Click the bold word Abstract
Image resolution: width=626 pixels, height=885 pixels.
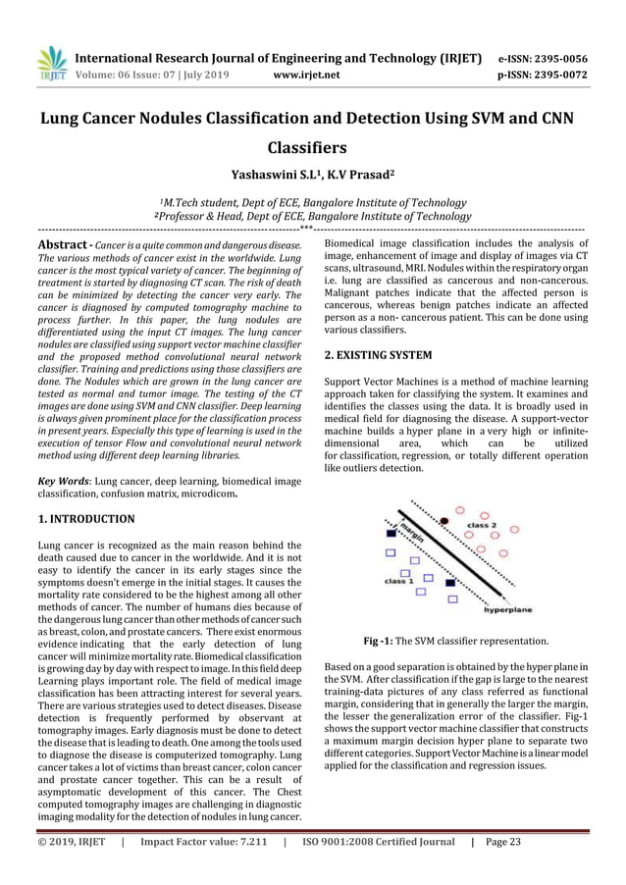pos(65,244)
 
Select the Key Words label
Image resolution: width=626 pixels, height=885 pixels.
pos(59,481)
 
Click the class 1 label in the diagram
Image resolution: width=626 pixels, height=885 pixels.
pos(398,580)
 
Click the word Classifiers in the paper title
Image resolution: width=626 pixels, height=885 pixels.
pos(312,149)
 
